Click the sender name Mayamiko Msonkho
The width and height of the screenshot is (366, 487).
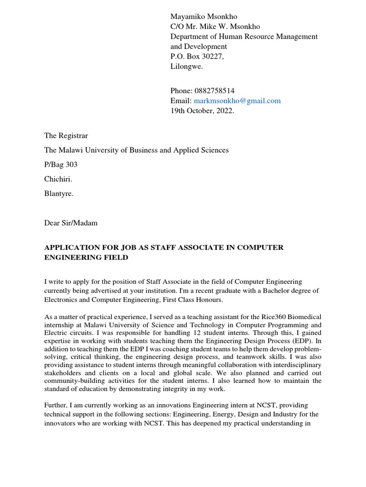pos(203,17)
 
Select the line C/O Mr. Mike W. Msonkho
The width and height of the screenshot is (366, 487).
pos(215,27)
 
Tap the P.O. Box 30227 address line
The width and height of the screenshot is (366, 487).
pos(197,57)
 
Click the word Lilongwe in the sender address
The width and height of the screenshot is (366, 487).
pos(186,67)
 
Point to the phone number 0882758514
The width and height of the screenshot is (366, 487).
pos(213,91)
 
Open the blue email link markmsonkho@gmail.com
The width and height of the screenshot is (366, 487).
pos(237,101)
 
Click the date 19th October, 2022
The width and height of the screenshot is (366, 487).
pos(203,111)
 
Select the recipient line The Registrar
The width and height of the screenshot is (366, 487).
pos(66,136)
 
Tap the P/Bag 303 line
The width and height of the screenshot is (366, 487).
pos(61,165)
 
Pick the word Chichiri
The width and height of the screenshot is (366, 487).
pos(58,179)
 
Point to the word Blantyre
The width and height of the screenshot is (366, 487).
pos(59,194)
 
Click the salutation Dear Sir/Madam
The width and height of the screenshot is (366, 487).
pos(71,223)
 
